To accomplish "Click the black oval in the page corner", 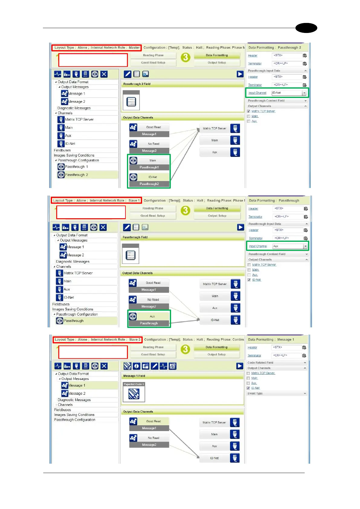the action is (x=306, y=28).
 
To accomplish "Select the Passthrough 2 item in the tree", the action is (x=76, y=175).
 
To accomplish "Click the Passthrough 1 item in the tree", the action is (x=76, y=167).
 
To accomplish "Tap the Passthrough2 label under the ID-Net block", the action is (x=149, y=184).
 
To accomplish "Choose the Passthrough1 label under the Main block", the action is (x=149, y=167).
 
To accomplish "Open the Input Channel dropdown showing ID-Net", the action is (x=304, y=93).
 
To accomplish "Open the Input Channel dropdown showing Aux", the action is (x=305, y=246).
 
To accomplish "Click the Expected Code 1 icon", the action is (x=134, y=393).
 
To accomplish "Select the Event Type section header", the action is (x=276, y=393).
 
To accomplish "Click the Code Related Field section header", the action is (x=276, y=362).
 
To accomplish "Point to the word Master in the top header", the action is (x=134, y=47).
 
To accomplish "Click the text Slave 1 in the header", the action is (x=134, y=200).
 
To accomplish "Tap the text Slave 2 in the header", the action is (x=135, y=339).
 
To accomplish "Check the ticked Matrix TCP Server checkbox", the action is (x=249, y=111).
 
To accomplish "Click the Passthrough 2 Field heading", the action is (x=137, y=84).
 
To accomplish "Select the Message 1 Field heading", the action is (x=134, y=376).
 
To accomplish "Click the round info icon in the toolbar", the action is (x=137, y=366).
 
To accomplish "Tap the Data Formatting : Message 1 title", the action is (x=271, y=339).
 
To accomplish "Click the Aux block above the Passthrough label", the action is (x=152, y=316).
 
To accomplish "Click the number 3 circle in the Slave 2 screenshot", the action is (x=185, y=349).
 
